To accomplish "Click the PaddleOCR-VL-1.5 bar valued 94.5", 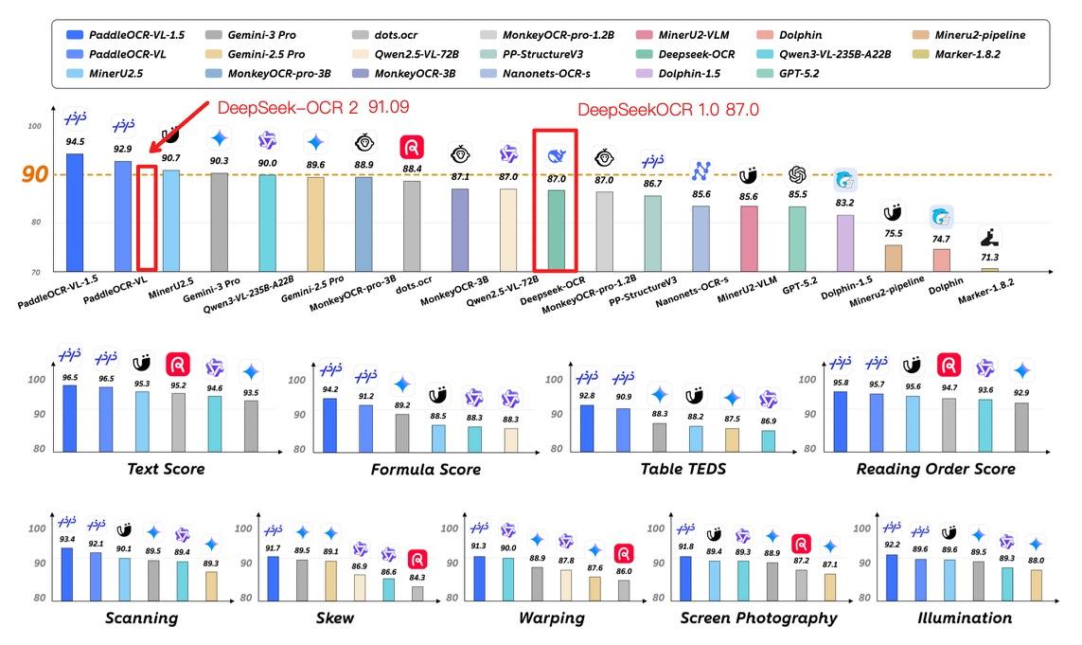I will click(x=74, y=211).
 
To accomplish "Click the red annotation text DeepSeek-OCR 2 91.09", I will click(x=313, y=107).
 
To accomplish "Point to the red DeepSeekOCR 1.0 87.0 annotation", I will click(x=668, y=110).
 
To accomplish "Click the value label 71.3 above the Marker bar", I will click(x=989, y=258).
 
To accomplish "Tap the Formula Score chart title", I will click(x=425, y=470).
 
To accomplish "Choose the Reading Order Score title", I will click(x=935, y=469).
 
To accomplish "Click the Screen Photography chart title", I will click(x=758, y=618).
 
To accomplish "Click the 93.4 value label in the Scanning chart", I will click(x=67, y=540).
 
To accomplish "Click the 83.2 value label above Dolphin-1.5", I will click(x=844, y=203).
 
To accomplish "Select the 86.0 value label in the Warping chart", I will click(x=623, y=572).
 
